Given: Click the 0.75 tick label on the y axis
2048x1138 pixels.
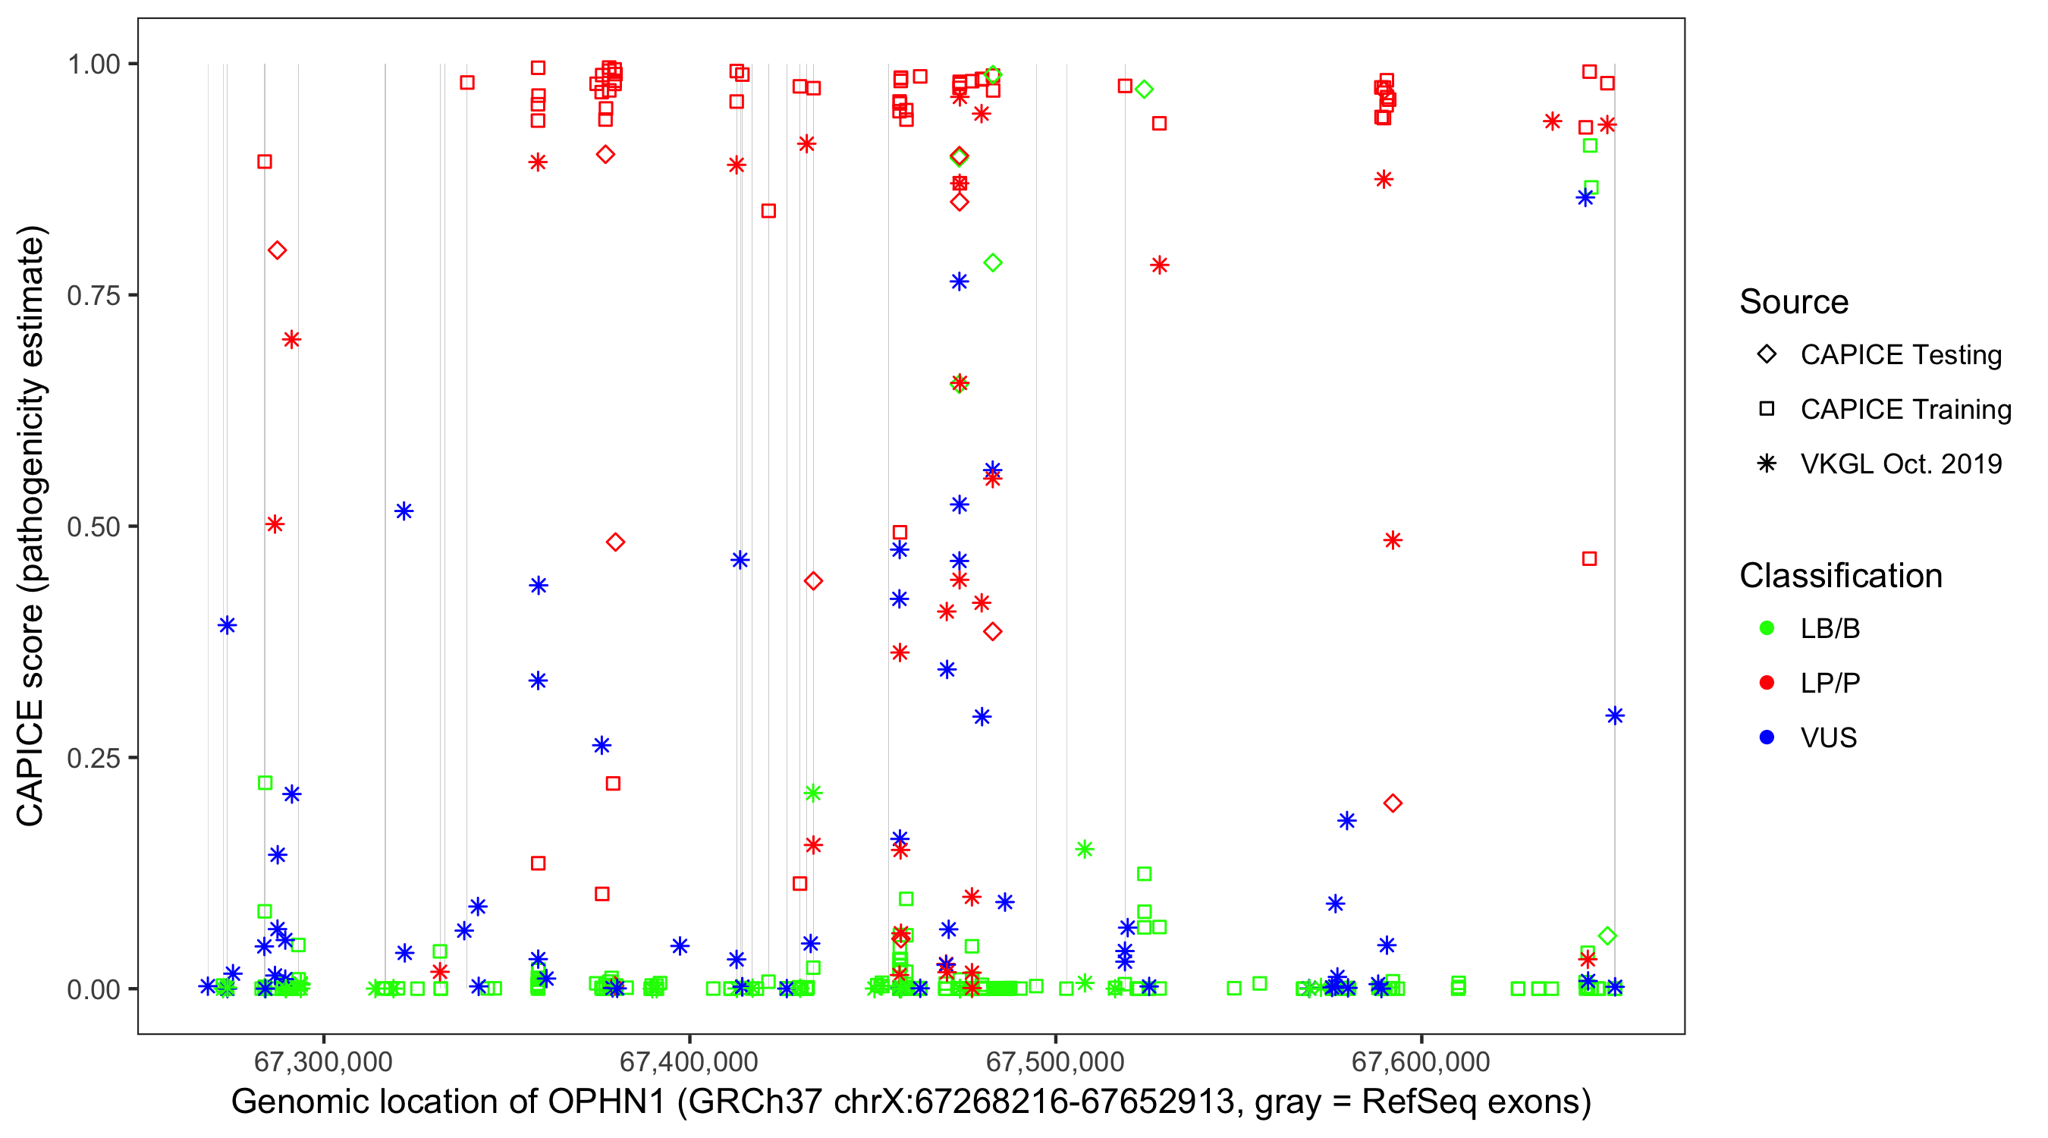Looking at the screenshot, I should pyautogui.click(x=93, y=296).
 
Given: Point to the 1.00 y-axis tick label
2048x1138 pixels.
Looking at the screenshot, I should pyautogui.click(x=93, y=64).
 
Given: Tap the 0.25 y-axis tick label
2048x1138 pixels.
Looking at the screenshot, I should pyautogui.click(x=93, y=758).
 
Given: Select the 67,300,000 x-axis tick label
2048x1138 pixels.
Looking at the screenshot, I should pyautogui.click(x=323, y=1061).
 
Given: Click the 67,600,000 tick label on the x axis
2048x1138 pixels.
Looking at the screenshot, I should pyautogui.click(x=1421, y=1061).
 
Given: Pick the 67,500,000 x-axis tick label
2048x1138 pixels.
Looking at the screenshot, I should pyautogui.click(x=1055, y=1061).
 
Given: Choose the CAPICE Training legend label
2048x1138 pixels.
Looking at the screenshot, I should pyautogui.click(x=1905, y=410).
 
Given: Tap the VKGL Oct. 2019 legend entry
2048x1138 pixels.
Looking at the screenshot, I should pyautogui.click(x=1901, y=464).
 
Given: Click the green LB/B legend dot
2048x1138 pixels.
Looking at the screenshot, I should pyautogui.click(x=1767, y=628).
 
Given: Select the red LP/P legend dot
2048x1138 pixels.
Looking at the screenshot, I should pyautogui.click(x=1767, y=683).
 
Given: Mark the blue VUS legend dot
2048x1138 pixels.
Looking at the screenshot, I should pyautogui.click(x=1767, y=737).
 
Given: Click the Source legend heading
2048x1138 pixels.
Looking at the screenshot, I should pyautogui.click(x=1794, y=302).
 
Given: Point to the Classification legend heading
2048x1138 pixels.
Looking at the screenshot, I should pyautogui.click(x=1840, y=576).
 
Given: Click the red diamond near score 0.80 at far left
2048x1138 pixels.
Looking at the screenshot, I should pyautogui.click(x=277, y=250).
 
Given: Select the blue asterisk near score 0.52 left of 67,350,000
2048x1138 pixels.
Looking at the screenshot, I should pyautogui.click(x=404, y=511).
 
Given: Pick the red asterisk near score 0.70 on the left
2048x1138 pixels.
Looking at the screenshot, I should pyautogui.click(x=291, y=340).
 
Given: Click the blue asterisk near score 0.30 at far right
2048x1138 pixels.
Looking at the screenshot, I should pyautogui.click(x=1614, y=715).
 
